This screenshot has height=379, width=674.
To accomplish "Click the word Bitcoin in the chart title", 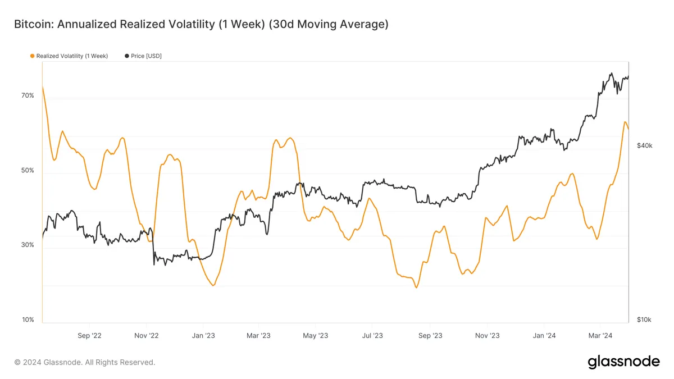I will pyautogui.click(x=32, y=25).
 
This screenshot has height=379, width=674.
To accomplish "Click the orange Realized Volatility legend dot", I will pyautogui.click(x=32, y=56).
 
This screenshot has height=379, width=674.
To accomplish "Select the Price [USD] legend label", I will pyautogui.click(x=146, y=56).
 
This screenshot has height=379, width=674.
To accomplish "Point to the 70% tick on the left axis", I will pyautogui.click(x=28, y=95).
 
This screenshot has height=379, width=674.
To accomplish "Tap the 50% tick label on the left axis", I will pyautogui.click(x=28, y=170).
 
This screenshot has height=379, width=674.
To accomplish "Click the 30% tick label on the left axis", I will pyautogui.click(x=28, y=245).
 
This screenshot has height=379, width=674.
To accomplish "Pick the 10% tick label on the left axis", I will pyautogui.click(x=28, y=320).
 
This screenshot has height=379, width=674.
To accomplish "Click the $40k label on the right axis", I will pyautogui.click(x=644, y=145).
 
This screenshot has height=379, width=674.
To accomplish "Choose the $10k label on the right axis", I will pyautogui.click(x=644, y=320).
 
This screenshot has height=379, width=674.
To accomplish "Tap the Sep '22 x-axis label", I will pyautogui.click(x=89, y=336).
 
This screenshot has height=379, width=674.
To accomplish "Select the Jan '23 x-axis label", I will pyautogui.click(x=203, y=336).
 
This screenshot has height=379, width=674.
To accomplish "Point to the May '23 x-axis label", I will pyautogui.click(x=316, y=336).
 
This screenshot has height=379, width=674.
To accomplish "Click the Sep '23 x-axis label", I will pyautogui.click(x=430, y=336).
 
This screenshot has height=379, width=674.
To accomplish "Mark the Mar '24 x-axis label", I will pyautogui.click(x=600, y=336).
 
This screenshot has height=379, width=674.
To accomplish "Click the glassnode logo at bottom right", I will pyautogui.click(x=623, y=362).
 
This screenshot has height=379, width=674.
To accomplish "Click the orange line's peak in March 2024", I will pyautogui.click(x=625, y=122).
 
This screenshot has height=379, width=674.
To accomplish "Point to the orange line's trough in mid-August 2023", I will pyautogui.click(x=416, y=287).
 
